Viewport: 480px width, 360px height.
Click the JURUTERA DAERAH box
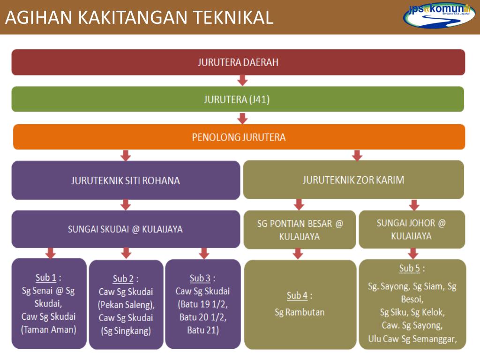point(238,62)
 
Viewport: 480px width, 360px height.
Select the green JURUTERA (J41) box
point(238,99)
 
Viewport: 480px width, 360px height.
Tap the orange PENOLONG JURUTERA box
point(239,137)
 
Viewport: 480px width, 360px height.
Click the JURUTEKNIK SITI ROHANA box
point(126,180)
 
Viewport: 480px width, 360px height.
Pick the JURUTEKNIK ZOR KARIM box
point(353,180)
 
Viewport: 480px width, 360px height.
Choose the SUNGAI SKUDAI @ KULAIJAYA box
point(126,229)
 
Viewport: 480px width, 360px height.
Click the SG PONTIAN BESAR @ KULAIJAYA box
point(300,230)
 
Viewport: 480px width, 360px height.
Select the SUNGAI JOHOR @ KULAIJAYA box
point(412,229)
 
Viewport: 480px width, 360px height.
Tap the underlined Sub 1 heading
point(46,277)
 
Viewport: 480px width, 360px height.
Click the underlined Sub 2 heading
point(123,279)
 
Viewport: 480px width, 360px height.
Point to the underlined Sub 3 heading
point(200,278)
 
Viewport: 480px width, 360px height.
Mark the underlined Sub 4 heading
point(297,295)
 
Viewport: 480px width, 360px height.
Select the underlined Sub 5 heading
point(409,269)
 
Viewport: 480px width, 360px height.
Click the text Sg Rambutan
point(300,312)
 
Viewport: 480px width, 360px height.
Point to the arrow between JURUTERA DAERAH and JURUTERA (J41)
point(242,81)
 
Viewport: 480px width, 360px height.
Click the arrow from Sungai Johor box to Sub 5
point(413,254)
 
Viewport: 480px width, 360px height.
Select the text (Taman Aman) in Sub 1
point(48,329)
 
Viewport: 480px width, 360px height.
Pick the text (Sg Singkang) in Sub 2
point(126,330)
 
